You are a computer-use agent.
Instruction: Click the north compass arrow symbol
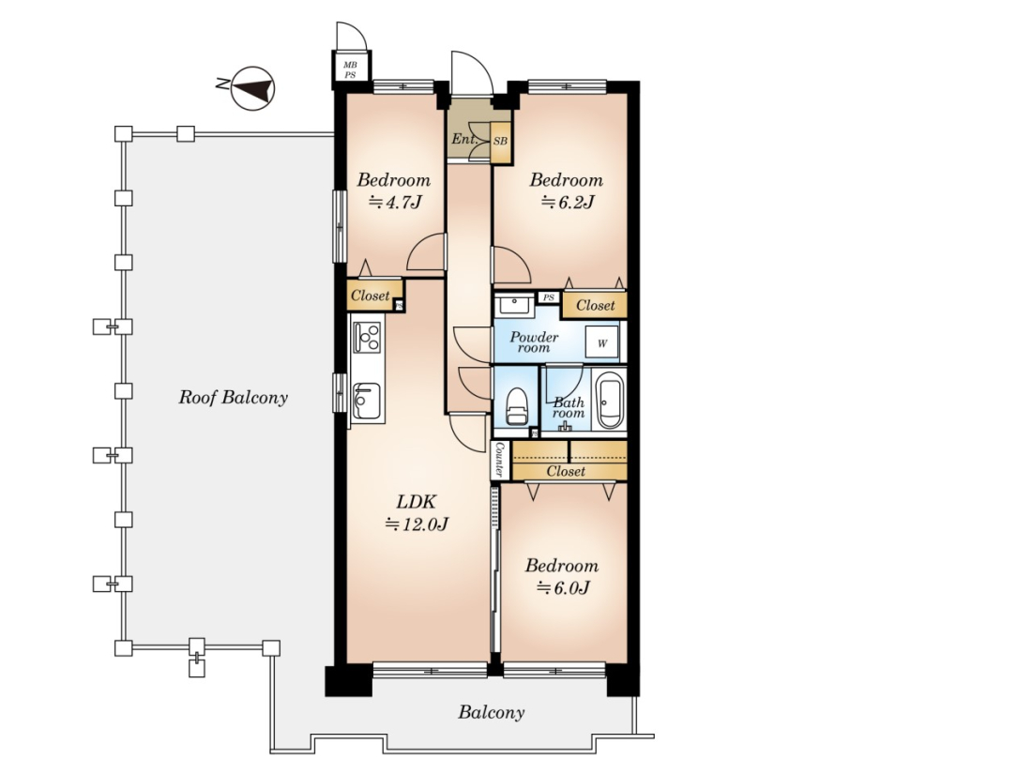tap(252, 88)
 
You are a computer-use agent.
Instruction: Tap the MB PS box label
tap(350, 69)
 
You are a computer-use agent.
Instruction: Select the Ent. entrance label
tap(464, 139)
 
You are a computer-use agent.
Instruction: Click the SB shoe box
tap(500, 141)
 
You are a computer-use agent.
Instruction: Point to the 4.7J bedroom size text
tap(394, 202)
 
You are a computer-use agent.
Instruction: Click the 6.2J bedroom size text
tap(567, 202)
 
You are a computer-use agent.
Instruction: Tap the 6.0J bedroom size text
tap(563, 587)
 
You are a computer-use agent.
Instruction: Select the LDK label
tap(416, 502)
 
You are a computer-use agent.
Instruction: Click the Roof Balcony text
tap(234, 398)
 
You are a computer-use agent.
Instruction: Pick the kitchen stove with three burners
tap(367, 336)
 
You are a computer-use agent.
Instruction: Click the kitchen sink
tap(366, 401)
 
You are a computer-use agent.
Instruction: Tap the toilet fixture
tap(516, 407)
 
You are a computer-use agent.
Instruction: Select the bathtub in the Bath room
tap(610, 400)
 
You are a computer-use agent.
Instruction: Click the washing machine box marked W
tap(602, 342)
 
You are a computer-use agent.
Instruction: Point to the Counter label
tap(499, 460)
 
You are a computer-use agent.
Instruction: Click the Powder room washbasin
tap(515, 306)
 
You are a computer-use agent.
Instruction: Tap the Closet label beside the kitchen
tap(370, 296)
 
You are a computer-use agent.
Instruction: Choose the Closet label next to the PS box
tap(595, 306)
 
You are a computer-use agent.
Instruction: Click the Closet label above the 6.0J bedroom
tap(566, 471)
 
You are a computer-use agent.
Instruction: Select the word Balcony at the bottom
tap(492, 713)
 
